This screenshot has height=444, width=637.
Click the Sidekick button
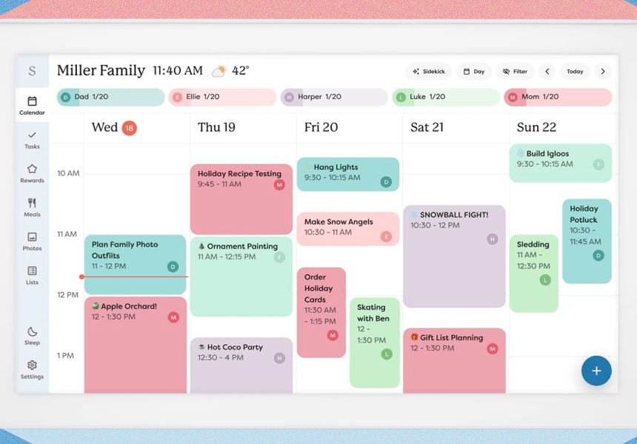(x=429, y=72)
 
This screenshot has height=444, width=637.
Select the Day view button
(x=473, y=72)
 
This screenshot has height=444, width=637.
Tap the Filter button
(x=515, y=72)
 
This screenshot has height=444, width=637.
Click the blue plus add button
(x=596, y=371)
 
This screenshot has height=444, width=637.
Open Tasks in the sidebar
(x=32, y=139)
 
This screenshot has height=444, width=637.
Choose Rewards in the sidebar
(x=32, y=173)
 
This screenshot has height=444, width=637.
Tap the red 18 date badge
(x=129, y=127)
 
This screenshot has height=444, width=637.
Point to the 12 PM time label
(x=67, y=295)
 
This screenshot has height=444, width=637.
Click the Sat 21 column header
(x=427, y=127)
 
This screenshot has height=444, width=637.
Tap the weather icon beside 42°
(x=219, y=71)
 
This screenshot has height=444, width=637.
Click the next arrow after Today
(x=603, y=72)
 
